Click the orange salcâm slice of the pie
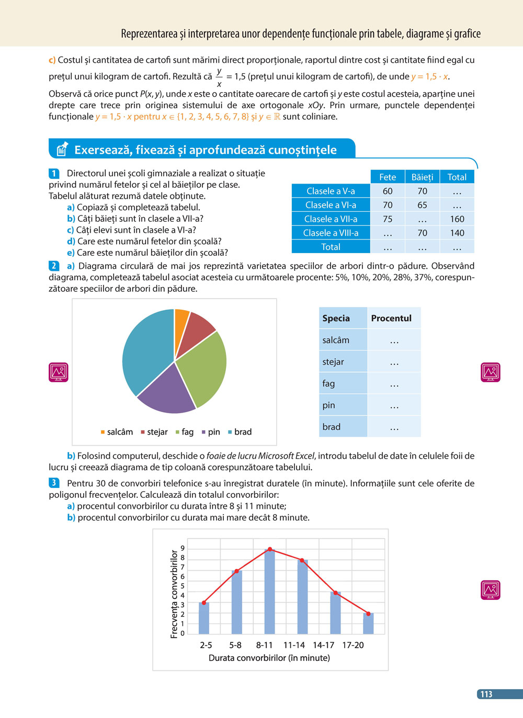(181, 318)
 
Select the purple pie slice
(166, 390)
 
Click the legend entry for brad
(240, 432)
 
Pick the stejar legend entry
(154, 432)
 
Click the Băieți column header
(422, 177)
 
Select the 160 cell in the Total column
(457, 219)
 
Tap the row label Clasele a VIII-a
(331, 233)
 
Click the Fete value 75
(388, 219)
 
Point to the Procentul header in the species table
(391, 318)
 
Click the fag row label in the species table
(329, 384)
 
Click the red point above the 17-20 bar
(368, 614)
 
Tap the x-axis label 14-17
(323, 645)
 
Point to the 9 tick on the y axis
(183, 548)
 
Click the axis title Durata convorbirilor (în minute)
(269, 658)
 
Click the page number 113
(486, 694)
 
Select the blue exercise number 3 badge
(53, 483)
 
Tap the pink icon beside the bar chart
(490, 590)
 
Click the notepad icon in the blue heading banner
(62, 150)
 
